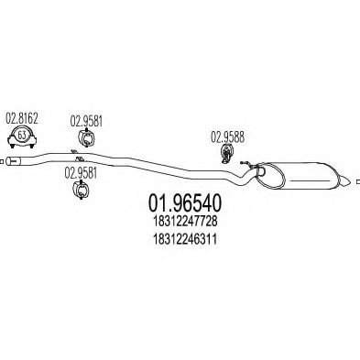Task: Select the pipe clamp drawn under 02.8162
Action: tap(21, 137)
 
